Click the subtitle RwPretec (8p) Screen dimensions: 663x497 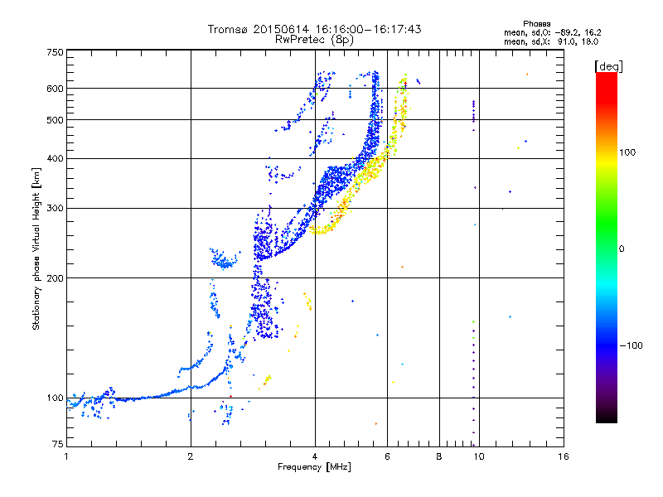[x=314, y=40]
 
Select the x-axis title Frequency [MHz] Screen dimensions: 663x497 [x=314, y=467]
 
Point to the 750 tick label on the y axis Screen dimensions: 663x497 [x=55, y=52]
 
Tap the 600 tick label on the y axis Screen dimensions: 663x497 [x=55, y=89]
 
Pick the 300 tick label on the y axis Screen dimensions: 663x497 [x=55, y=209]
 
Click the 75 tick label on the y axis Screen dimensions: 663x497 [x=58, y=444]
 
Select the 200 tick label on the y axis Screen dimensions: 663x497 [x=55, y=278]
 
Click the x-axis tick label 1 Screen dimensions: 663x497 [x=66, y=456]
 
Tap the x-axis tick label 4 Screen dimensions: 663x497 [x=315, y=456]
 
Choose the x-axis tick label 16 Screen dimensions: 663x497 [x=564, y=456]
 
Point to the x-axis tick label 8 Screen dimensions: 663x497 [x=439, y=456]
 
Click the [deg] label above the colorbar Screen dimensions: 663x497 [x=608, y=67]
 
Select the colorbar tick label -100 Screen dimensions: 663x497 [x=631, y=345]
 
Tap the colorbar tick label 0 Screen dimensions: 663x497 [x=622, y=249]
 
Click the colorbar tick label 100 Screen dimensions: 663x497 [x=627, y=152]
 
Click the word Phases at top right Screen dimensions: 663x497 [x=536, y=24]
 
